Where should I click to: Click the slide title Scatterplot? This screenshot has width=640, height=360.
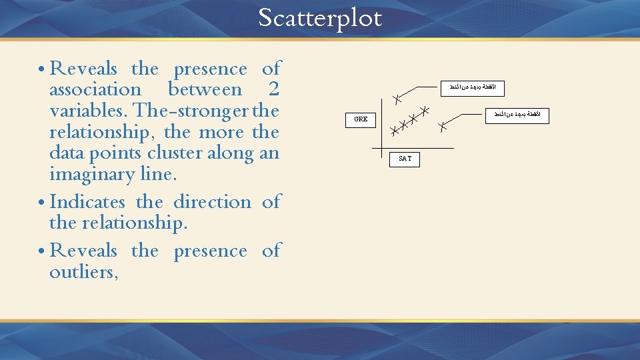(x=320, y=18)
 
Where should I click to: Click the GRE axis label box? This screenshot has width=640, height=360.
(x=361, y=119)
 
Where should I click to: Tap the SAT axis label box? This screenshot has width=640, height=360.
(x=405, y=159)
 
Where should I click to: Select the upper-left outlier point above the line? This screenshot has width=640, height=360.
(x=395, y=99)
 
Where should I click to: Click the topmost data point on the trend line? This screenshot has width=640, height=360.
(x=423, y=111)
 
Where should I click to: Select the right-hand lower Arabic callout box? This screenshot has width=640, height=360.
(x=517, y=115)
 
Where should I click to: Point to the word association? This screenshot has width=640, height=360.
(x=95, y=89)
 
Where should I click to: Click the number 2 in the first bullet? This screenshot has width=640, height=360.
(x=273, y=89)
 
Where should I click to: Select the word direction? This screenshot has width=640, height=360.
(x=212, y=201)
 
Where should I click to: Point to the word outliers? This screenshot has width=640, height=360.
(x=82, y=272)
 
